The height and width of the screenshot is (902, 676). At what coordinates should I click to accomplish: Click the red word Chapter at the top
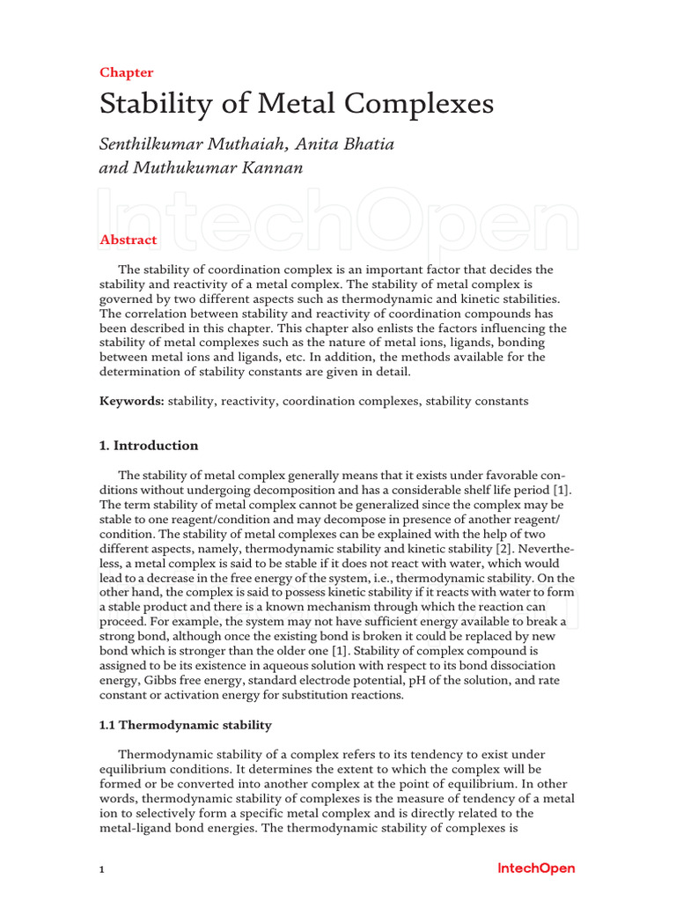127,72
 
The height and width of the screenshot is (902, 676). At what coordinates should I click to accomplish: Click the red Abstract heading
129,240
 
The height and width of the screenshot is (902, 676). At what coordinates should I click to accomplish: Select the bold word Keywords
131,401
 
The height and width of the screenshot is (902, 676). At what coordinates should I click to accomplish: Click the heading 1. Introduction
149,445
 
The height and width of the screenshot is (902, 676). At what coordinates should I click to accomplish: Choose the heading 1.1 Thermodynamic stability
186,725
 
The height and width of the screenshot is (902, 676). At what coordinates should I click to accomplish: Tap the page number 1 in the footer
102,869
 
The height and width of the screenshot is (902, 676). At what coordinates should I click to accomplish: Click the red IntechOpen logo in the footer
536,869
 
